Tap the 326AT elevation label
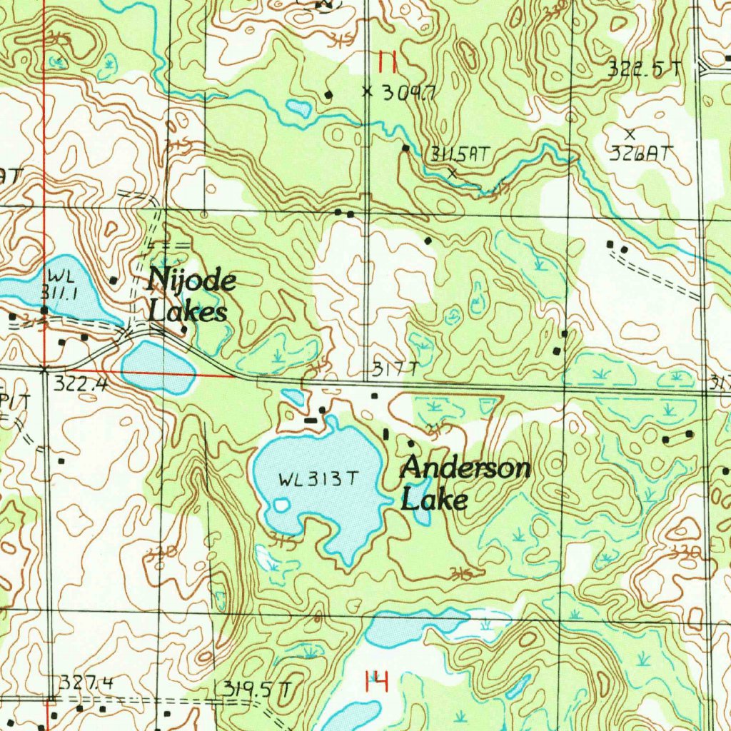[x=642, y=153]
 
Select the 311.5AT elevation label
[x=460, y=153]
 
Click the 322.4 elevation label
[x=80, y=385]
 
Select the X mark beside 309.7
[x=368, y=91]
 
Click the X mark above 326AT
[x=630, y=133]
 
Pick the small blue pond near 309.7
[x=299, y=109]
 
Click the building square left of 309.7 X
[x=328, y=94]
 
